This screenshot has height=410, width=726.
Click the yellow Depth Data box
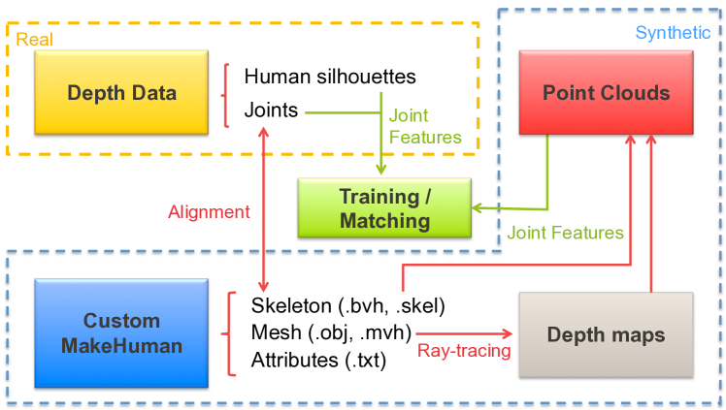tap(121, 93)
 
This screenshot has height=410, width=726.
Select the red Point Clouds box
tap(606, 93)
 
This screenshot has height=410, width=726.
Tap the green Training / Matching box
tap(384, 208)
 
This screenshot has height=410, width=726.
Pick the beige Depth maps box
tap(606, 334)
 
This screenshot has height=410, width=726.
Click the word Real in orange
tap(34, 40)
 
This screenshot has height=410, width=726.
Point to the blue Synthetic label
tap(673, 33)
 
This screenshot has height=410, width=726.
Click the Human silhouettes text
tap(330, 76)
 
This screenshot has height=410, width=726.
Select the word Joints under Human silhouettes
tap(271, 110)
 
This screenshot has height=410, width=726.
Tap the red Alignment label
tap(209, 211)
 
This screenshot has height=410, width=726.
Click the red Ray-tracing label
tap(464, 350)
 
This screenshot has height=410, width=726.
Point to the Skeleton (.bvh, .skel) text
tap(347, 306)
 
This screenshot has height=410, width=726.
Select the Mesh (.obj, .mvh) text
tap(331, 333)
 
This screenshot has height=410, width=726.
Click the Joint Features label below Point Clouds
tap(565, 233)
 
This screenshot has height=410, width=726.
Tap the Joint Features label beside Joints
tap(424, 125)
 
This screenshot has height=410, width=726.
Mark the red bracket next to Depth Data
tap(225, 94)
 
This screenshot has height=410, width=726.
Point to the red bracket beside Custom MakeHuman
tap(231, 333)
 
